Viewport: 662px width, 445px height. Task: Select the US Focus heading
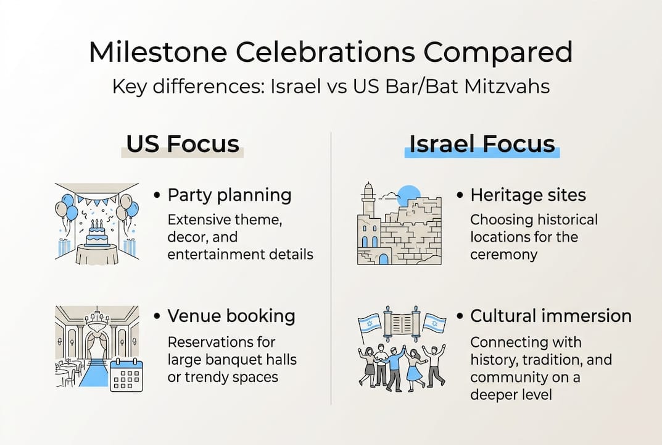point(182,143)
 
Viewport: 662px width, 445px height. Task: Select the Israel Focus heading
point(482,143)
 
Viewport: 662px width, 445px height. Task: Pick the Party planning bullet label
point(230,195)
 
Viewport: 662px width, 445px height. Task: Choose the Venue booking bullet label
point(231,316)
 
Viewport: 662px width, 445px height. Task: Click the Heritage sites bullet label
point(528,195)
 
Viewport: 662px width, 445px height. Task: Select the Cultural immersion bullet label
point(551,316)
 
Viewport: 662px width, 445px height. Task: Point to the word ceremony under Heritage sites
point(503,254)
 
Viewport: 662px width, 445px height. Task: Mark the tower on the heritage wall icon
point(369,210)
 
